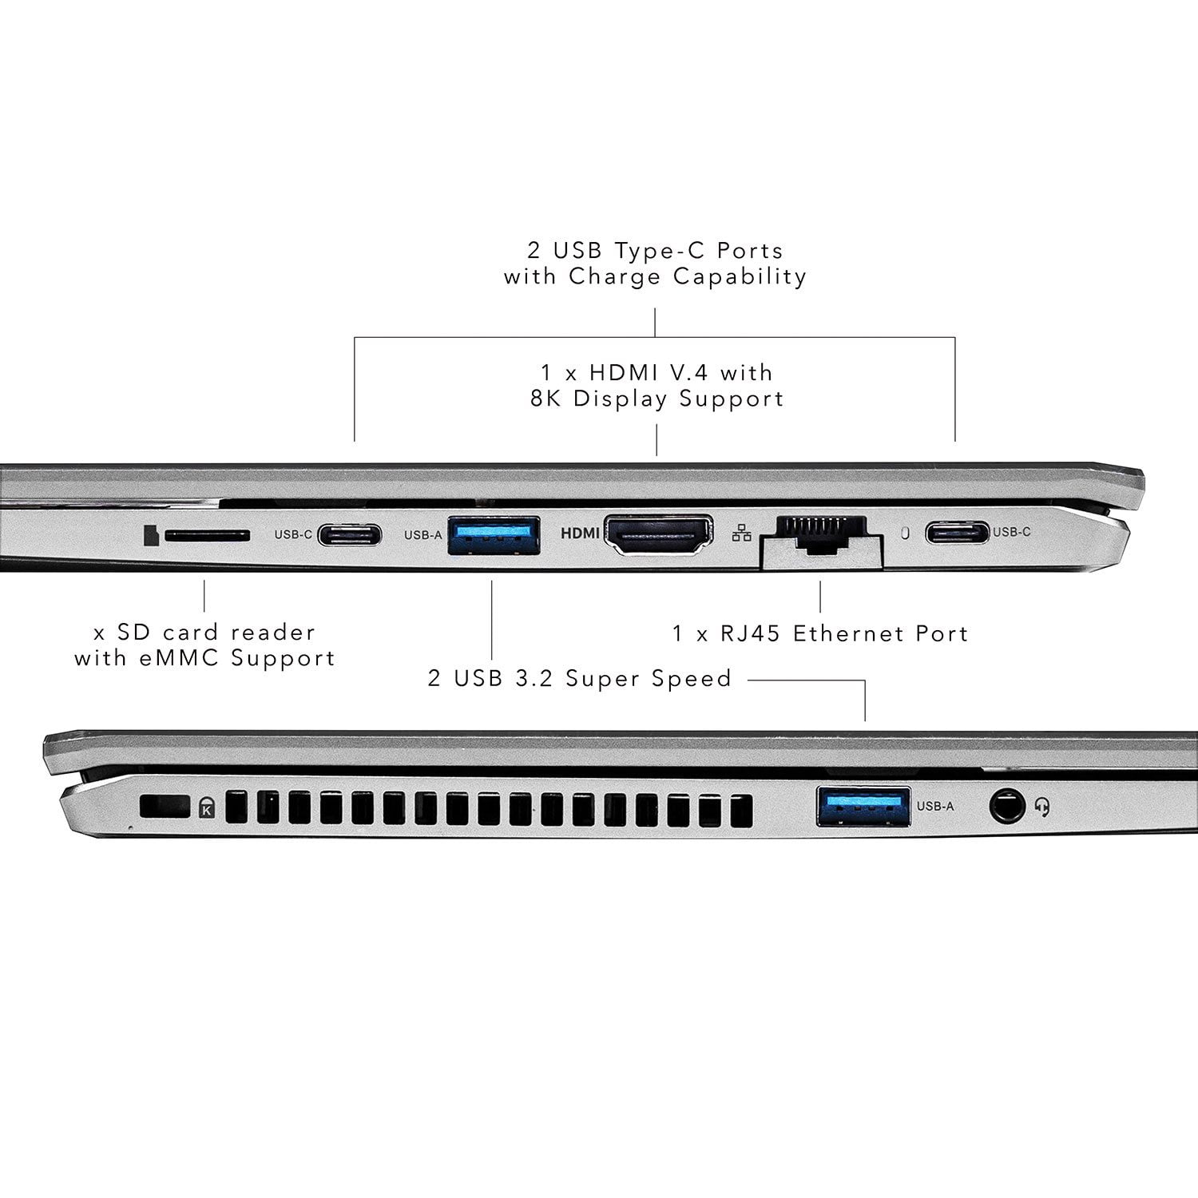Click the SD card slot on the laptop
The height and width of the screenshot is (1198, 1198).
tap(207, 535)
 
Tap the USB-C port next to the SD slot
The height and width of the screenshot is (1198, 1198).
tap(349, 534)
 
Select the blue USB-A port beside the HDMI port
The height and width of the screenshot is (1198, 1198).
tap(493, 535)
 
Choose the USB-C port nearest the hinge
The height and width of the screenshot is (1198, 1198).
tap(957, 532)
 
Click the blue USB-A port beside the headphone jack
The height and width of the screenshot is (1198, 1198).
tap(863, 805)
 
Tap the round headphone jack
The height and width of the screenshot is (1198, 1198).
tap(1007, 807)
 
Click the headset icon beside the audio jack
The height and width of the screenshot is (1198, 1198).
tap(1041, 807)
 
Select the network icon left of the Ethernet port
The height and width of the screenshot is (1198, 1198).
tap(741, 533)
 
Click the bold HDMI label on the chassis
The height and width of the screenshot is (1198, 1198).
tap(581, 534)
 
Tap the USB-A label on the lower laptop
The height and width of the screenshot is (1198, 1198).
tap(935, 807)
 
